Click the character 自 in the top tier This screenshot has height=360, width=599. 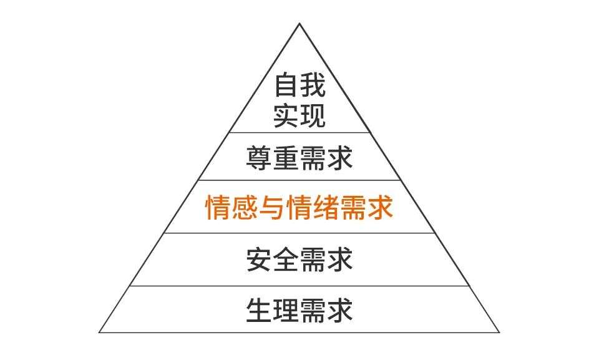tap(286, 85)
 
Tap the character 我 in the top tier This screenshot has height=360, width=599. tap(313, 85)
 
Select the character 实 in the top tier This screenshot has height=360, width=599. tap(286, 115)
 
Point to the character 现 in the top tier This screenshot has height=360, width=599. tap(313, 115)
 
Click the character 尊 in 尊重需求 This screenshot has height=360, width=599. tap(259, 157)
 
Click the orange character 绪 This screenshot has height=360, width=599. tap(326, 207)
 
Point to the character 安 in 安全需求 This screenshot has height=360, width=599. tap(259, 260)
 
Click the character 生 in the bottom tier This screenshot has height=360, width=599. tap(259, 309)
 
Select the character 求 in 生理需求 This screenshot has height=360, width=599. tap(340, 309)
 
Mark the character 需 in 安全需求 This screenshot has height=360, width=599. tap(313, 260)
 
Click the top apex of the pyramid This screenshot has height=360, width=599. tap(299, 24)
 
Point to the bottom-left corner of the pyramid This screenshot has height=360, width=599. tap(99, 332)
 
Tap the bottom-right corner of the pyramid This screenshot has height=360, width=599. tap(499, 332)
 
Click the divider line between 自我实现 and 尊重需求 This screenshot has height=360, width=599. tap(299, 133)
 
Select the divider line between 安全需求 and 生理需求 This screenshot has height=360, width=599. tap(299, 286)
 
